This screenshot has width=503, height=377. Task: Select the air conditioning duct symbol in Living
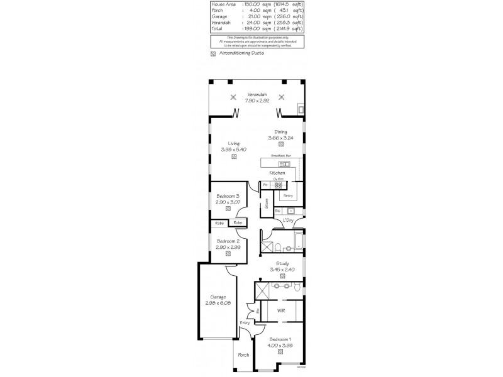pyautogui.click(x=233, y=158)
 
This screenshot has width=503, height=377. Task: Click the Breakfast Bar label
pyautogui.click(x=280, y=155)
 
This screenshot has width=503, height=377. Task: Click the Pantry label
pyautogui.click(x=288, y=195)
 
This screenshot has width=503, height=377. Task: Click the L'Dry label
pyautogui.click(x=289, y=221)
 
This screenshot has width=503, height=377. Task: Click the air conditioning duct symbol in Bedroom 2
pyautogui.click(x=228, y=254)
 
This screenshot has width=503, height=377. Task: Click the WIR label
pyautogui.click(x=282, y=310)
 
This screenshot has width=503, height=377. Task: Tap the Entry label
pyautogui.click(x=245, y=322)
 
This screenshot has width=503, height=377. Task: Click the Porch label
pyautogui.click(x=243, y=355)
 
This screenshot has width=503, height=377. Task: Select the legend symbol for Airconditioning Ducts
pyautogui.click(x=213, y=54)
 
